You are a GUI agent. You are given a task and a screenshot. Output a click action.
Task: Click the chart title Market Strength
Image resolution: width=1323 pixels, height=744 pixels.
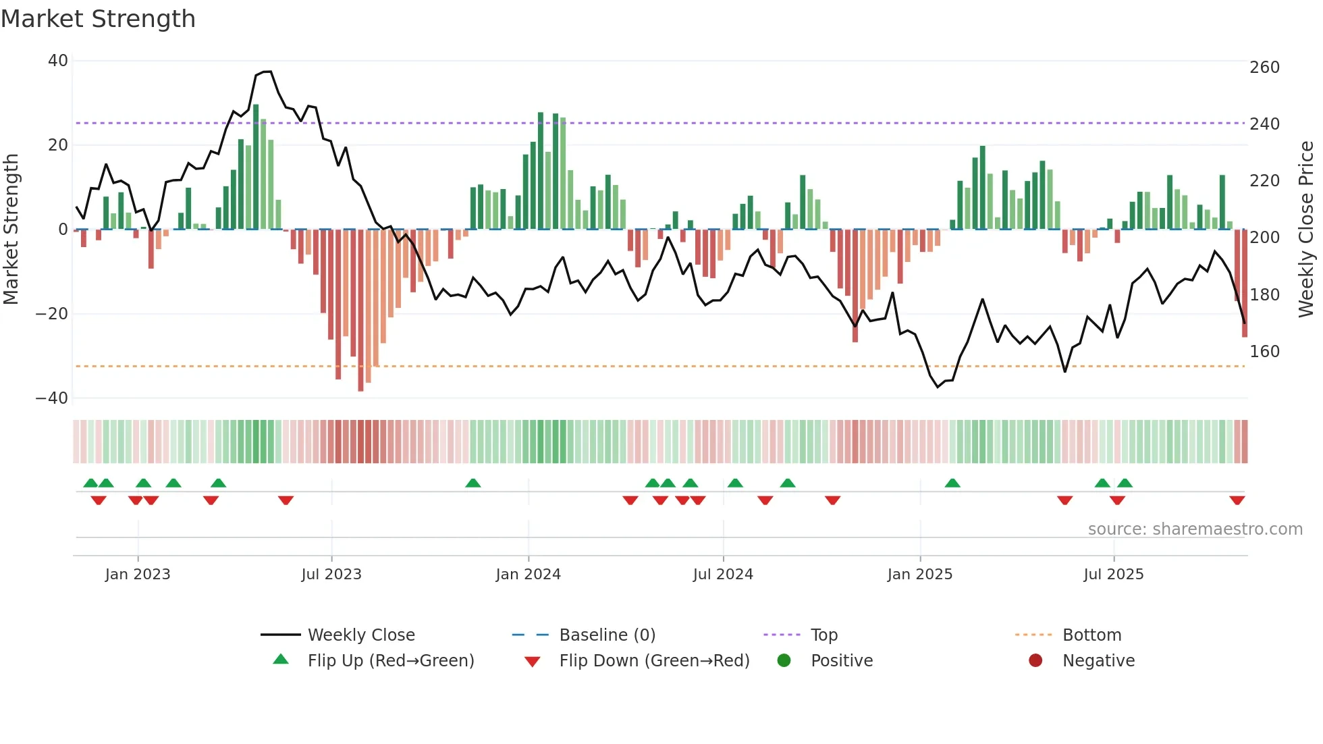98,19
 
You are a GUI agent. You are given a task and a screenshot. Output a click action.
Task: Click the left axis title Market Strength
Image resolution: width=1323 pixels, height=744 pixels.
11,229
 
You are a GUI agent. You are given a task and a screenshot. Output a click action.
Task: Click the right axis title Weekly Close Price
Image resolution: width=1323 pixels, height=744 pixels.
1306,229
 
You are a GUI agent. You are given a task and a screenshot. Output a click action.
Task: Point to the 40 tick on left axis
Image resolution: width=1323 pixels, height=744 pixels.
58,61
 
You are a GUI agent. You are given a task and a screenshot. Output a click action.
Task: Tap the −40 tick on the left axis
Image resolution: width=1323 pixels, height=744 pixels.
52,398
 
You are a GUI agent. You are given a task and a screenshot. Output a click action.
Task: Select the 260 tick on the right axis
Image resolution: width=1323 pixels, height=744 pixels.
1264,68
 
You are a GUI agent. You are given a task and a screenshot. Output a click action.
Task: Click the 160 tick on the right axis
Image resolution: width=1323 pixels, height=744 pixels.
1264,352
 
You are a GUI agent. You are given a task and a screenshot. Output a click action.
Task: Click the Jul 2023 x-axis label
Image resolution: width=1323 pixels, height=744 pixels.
331,575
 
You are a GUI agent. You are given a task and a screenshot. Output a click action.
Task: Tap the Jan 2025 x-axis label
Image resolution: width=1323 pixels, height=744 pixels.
919,575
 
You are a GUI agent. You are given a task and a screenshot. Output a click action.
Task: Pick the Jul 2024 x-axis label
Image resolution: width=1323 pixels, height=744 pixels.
723,575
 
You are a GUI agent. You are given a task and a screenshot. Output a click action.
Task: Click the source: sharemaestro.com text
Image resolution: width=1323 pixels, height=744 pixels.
1195,529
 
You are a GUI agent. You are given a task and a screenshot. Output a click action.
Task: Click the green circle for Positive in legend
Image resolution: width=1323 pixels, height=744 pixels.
784,661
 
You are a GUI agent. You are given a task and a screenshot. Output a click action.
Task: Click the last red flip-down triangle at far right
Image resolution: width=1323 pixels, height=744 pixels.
1237,500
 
